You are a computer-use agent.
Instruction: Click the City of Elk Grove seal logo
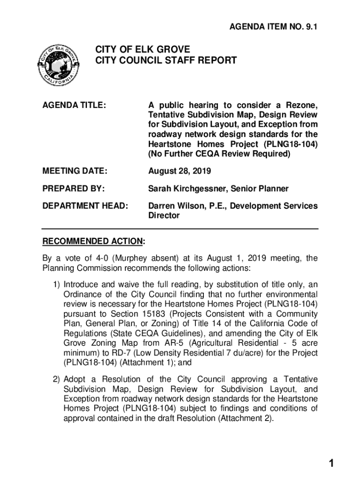point(58,65)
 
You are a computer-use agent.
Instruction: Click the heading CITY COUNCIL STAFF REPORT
point(166,61)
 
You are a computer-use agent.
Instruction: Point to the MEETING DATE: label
point(75,172)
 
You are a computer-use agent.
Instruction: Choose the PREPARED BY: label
point(73,189)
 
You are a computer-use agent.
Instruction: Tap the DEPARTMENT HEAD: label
point(85,206)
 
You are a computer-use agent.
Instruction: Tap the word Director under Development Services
point(164,216)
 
